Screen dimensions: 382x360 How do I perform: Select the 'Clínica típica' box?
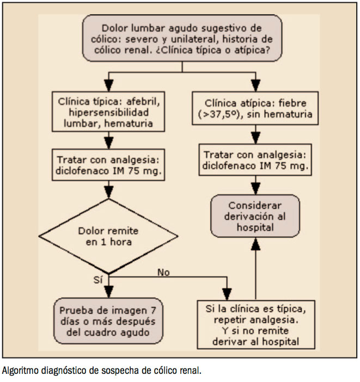(109, 113)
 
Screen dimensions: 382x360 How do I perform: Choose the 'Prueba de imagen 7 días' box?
(109, 321)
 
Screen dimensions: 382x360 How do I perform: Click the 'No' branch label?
(162, 271)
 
